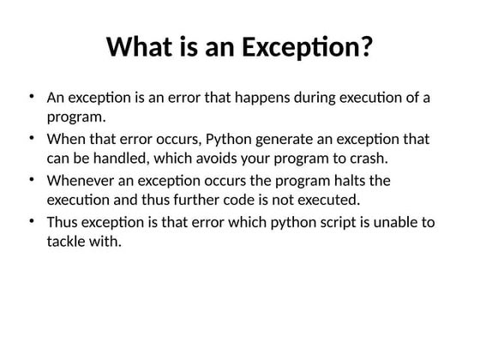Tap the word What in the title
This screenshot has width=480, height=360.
tap(141, 46)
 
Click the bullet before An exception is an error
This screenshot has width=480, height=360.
tap(31, 96)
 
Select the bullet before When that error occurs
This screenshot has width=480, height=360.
tap(31, 138)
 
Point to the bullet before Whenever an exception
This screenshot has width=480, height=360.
tap(31, 180)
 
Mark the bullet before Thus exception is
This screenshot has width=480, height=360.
tap(31, 221)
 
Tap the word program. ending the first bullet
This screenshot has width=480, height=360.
tap(76, 117)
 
